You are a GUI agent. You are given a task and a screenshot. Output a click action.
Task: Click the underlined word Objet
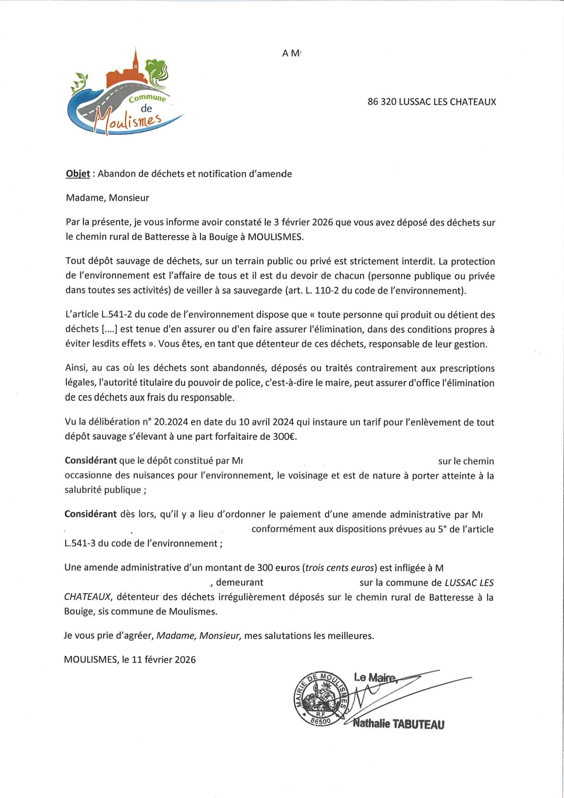tap(78, 174)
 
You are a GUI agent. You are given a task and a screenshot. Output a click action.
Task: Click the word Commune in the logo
tap(147, 98)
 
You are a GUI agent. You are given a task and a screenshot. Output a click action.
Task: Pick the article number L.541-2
tap(113, 315)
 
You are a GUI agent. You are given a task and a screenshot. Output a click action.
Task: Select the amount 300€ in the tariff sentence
tap(284, 436)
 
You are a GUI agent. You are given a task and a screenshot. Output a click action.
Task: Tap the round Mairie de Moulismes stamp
tap(320, 699)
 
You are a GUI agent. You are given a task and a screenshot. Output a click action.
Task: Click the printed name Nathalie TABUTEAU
tap(398, 724)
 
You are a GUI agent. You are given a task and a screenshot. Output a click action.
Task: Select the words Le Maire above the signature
tap(374, 678)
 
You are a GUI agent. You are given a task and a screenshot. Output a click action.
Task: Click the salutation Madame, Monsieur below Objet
tap(108, 198)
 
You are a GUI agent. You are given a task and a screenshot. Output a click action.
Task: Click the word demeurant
tap(240, 583)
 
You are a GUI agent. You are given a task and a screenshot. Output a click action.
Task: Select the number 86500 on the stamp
tap(321, 721)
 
